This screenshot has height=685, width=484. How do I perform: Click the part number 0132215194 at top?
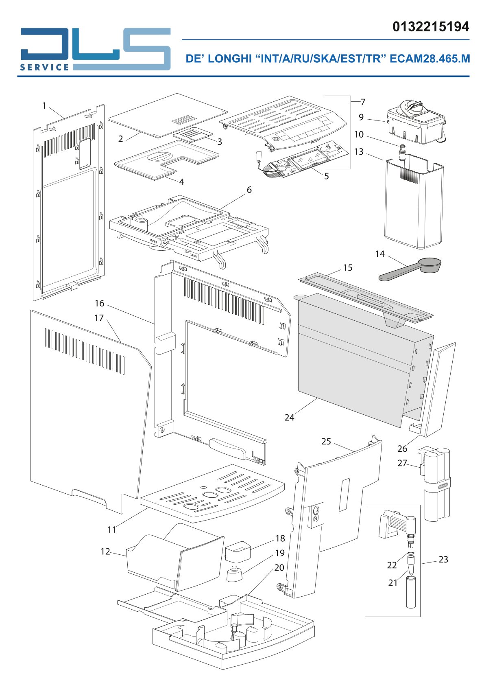coord(431,27)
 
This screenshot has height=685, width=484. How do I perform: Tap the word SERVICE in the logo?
coord(45,67)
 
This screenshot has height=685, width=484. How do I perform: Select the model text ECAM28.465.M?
coord(430,59)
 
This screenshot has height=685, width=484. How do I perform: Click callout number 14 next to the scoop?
coord(380,254)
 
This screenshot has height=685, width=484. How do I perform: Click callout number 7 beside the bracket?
coord(363,102)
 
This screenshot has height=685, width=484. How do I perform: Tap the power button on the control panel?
coord(276,138)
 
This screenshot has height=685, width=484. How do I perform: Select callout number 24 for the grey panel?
coord(289,418)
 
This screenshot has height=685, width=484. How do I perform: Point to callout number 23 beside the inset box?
coord(443,559)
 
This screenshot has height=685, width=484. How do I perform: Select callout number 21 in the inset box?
coord(392,583)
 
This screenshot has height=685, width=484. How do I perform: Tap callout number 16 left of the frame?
coord(99,303)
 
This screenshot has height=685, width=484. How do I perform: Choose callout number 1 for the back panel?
coord(44,105)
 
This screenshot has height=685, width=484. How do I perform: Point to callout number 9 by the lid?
coord(361,117)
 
